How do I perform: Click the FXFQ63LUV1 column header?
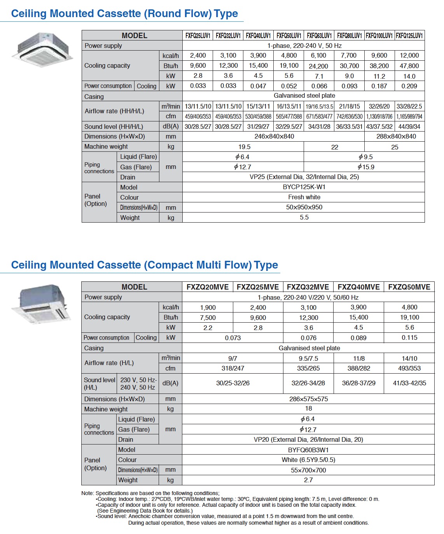coord(319,35)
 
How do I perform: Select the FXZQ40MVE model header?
coord(358,287)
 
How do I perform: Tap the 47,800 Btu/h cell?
coord(409,66)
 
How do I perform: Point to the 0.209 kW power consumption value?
coord(409,86)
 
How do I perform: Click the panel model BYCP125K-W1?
coord(304,187)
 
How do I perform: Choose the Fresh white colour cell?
coord(304,197)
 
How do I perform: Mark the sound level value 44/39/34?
coord(409,126)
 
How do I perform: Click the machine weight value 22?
coord(335,147)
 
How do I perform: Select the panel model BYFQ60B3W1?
coord(308,450)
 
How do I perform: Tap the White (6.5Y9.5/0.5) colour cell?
coord(308,460)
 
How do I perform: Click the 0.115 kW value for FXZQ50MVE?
coord(409,337)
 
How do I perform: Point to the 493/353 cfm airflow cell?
coord(409,368)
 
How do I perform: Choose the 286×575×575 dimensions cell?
coord(308,399)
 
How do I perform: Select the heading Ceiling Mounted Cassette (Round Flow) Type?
coord(124,14)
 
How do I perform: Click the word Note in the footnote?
coord(87,493)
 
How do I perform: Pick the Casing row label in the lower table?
coord(94,348)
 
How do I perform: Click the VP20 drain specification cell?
coord(308,439)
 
